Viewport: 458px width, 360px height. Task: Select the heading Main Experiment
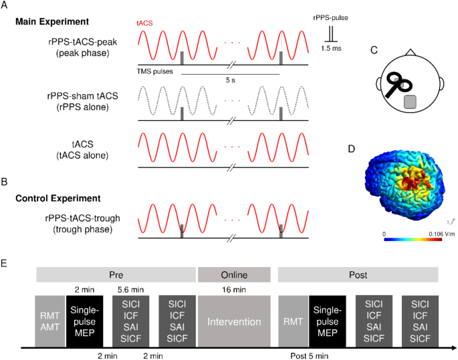(x=55, y=22)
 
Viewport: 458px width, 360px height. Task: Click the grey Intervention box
(x=234, y=322)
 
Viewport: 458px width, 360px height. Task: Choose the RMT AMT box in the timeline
(x=49, y=322)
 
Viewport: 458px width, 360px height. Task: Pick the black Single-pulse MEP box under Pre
(x=86, y=322)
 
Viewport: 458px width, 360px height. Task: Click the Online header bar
(x=233, y=274)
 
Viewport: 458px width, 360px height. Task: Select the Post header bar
(x=357, y=274)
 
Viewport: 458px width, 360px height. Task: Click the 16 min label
(x=234, y=289)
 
